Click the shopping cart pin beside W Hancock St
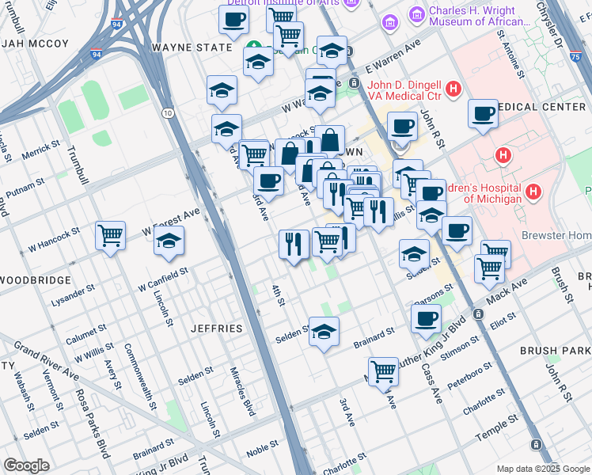coord(110,235)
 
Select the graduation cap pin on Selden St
coord(324,332)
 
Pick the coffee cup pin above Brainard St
coord(426,319)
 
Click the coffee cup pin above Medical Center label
coord(483,113)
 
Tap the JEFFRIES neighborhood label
coord(216,328)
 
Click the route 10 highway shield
coord(168,113)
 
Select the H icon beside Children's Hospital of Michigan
coord(534,192)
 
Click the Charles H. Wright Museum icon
coord(416,16)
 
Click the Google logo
coord(27,465)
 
